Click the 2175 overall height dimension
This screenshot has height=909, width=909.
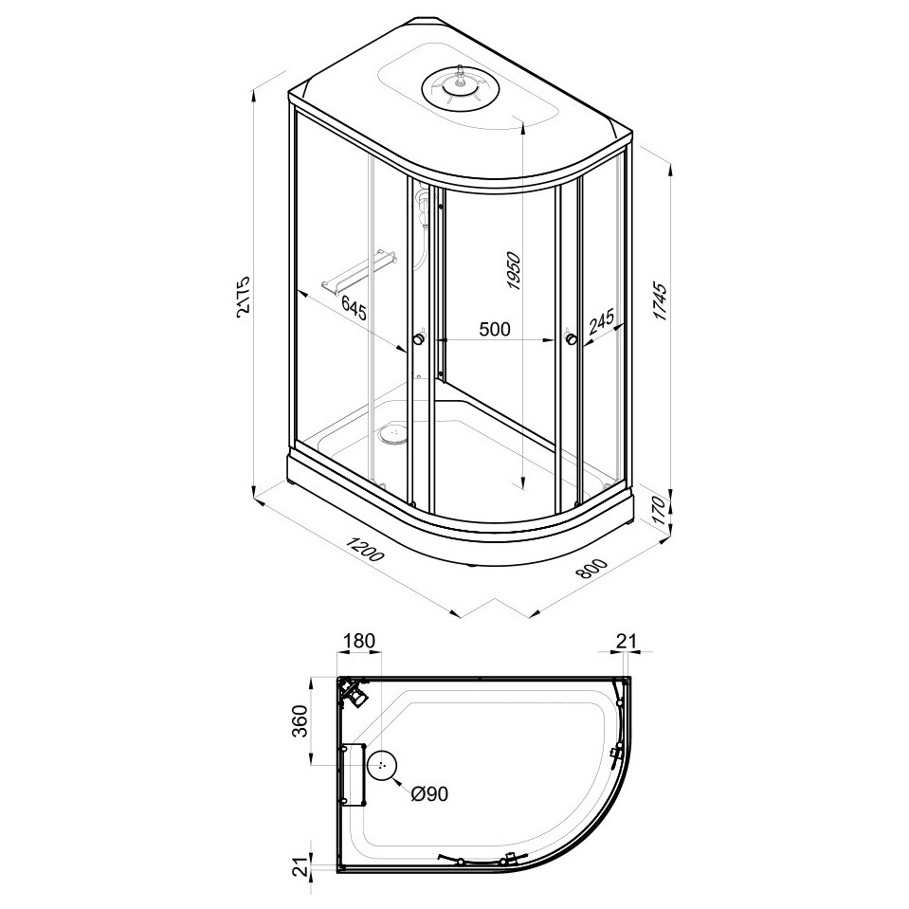tap(244, 295)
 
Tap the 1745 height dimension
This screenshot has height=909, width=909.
tap(661, 301)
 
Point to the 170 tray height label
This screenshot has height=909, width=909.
tap(661, 510)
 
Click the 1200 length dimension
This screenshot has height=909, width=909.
tap(365, 548)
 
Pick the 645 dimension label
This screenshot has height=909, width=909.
tap(354, 307)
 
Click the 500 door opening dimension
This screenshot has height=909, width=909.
tap(495, 329)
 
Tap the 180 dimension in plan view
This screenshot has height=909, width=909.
tap(360, 641)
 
